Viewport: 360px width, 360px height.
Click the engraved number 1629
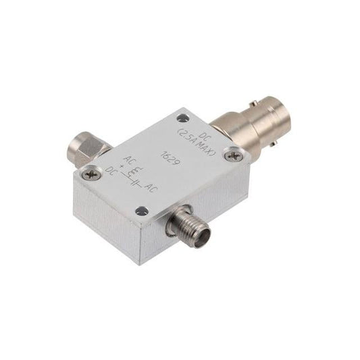tap(170, 159)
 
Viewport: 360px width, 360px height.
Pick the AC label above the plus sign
tap(129, 160)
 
